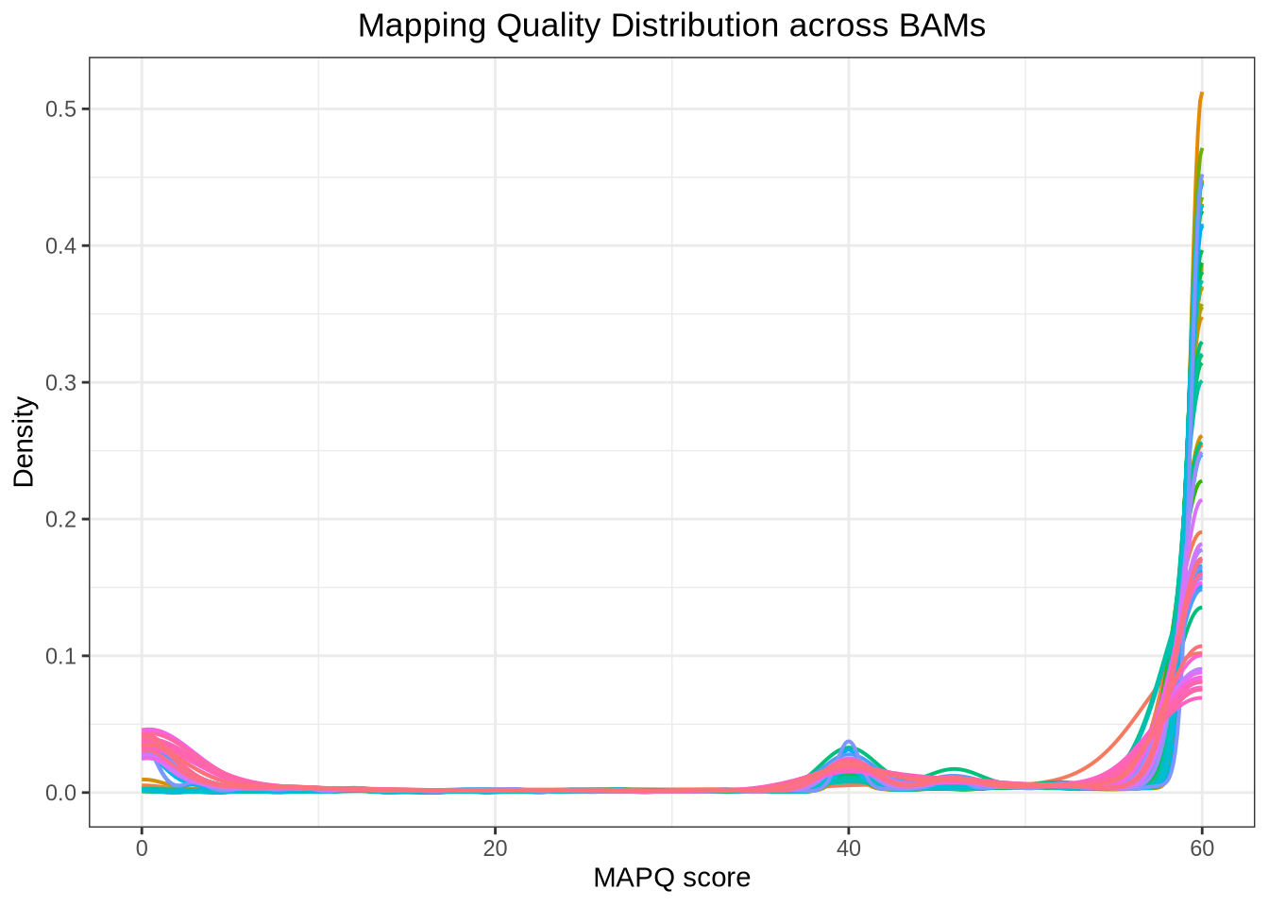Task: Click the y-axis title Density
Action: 25,442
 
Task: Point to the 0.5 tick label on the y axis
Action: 60,109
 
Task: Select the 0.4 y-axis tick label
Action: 60,246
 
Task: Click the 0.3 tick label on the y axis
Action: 60,383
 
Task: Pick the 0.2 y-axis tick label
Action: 60,519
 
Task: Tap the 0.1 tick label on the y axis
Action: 60,656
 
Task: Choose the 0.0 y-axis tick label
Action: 60,793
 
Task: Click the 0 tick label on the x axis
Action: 142,848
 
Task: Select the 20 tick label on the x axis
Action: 495,848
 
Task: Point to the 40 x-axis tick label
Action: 849,848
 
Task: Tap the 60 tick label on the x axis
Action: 1202,848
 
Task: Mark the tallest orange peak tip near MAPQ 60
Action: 1201,94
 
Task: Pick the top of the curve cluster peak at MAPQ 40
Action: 849,742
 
